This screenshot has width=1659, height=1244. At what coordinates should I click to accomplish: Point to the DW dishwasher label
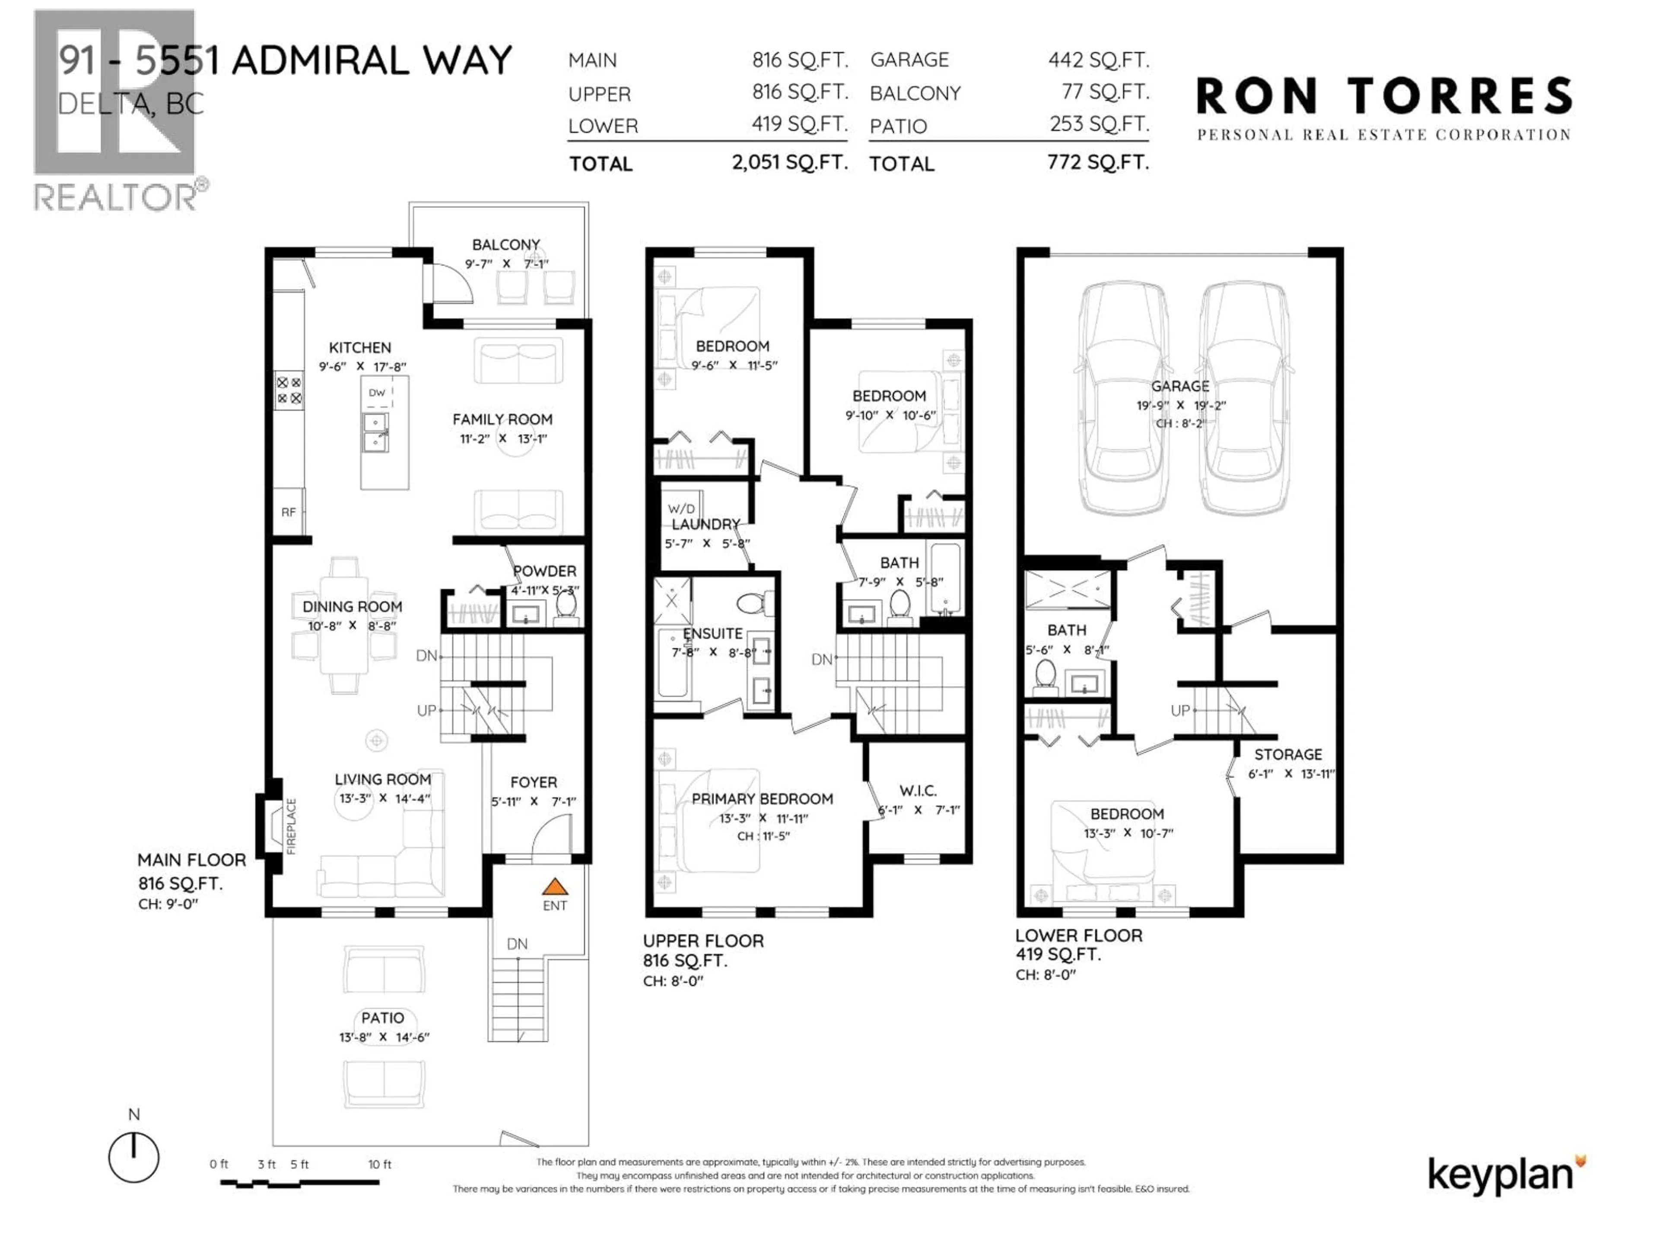coord(376,392)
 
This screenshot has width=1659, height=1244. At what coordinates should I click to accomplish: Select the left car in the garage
coord(1122,397)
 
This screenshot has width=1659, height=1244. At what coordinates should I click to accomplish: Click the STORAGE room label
coord(1288,754)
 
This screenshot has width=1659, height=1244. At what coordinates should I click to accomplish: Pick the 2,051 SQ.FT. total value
coord(789,162)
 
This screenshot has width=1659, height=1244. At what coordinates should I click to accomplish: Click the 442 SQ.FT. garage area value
coord(1098,59)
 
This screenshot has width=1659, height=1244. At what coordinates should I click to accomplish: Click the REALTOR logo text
coord(116,197)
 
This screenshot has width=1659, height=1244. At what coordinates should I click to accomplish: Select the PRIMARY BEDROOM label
coord(762,799)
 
